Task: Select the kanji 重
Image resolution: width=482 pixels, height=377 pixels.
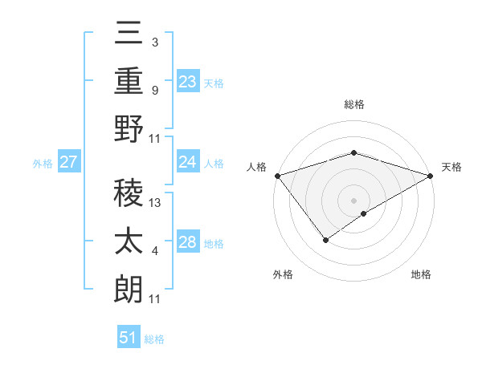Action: (129, 81)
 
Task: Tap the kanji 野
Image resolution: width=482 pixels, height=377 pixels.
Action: (129, 128)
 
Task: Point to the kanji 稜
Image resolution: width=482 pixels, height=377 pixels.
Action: (129, 193)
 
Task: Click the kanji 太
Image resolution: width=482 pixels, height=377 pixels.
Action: (129, 241)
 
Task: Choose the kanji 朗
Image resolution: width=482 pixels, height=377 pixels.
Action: (129, 288)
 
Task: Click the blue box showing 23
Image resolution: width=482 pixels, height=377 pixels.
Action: (188, 81)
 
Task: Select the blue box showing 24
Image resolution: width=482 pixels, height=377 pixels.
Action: (188, 162)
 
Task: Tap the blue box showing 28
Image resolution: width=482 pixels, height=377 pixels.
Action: (188, 242)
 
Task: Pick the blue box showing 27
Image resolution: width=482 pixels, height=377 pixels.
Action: (68, 163)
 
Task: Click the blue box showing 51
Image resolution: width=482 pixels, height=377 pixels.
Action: (129, 338)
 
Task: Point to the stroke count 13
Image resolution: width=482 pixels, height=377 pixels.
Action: (156, 203)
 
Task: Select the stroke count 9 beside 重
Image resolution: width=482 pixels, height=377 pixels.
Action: (155, 91)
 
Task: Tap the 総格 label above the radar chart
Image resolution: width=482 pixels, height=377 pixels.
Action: (353, 104)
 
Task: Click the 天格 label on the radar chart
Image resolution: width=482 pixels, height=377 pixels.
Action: (451, 167)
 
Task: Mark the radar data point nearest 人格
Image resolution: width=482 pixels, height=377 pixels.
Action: (277, 175)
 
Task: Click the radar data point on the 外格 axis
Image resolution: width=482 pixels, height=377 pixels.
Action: (326, 239)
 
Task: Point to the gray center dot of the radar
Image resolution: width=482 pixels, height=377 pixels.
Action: (353, 200)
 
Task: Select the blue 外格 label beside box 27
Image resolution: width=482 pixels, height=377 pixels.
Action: (43, 164)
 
